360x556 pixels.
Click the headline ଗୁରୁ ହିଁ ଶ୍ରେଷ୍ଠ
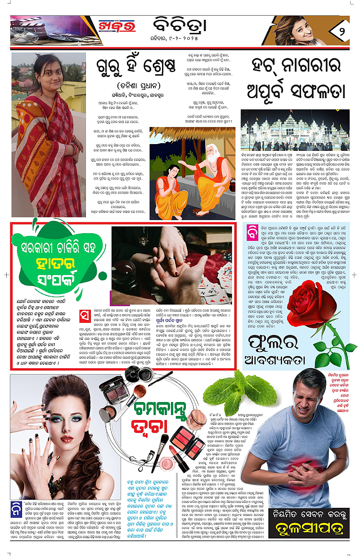pos(135,69)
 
